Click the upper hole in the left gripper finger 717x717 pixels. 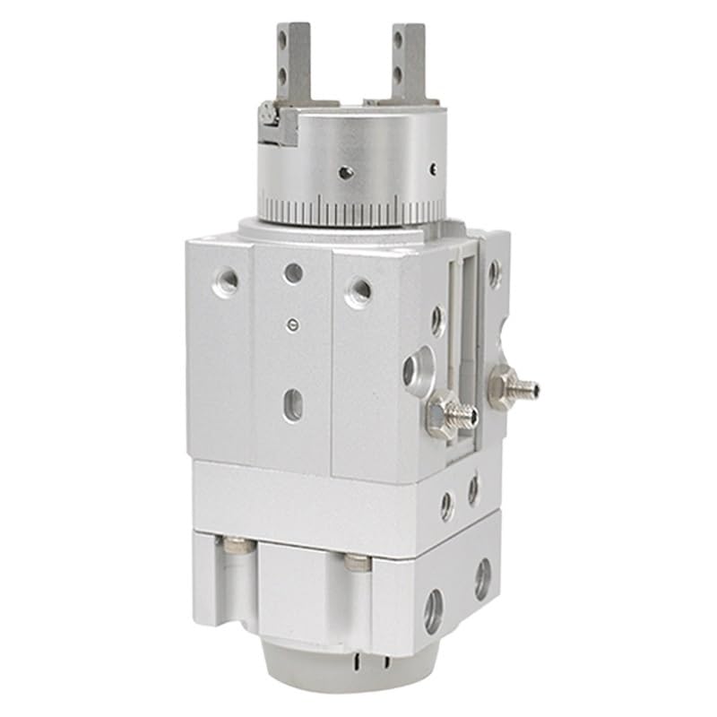tap(284, 37)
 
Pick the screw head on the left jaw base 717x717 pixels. tap(266, 114)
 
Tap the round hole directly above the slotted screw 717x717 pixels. tap(292, 272)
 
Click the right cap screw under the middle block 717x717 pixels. tap(356, 563)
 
